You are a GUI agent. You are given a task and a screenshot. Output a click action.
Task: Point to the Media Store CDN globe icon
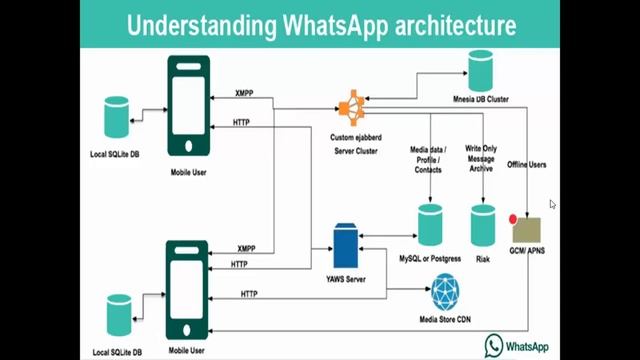click(x=447, y=292)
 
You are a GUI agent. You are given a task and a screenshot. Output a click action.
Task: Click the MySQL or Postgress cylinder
click(x=430, y=225)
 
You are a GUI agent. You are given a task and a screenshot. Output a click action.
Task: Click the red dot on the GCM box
click(x=513, y=219)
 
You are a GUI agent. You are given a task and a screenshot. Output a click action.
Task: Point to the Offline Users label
click(x=527, y=163)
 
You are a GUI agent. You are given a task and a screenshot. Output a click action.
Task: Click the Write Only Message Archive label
click(x=483, y=159)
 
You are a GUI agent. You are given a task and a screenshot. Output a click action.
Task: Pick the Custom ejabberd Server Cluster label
click(x=353, y=141)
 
